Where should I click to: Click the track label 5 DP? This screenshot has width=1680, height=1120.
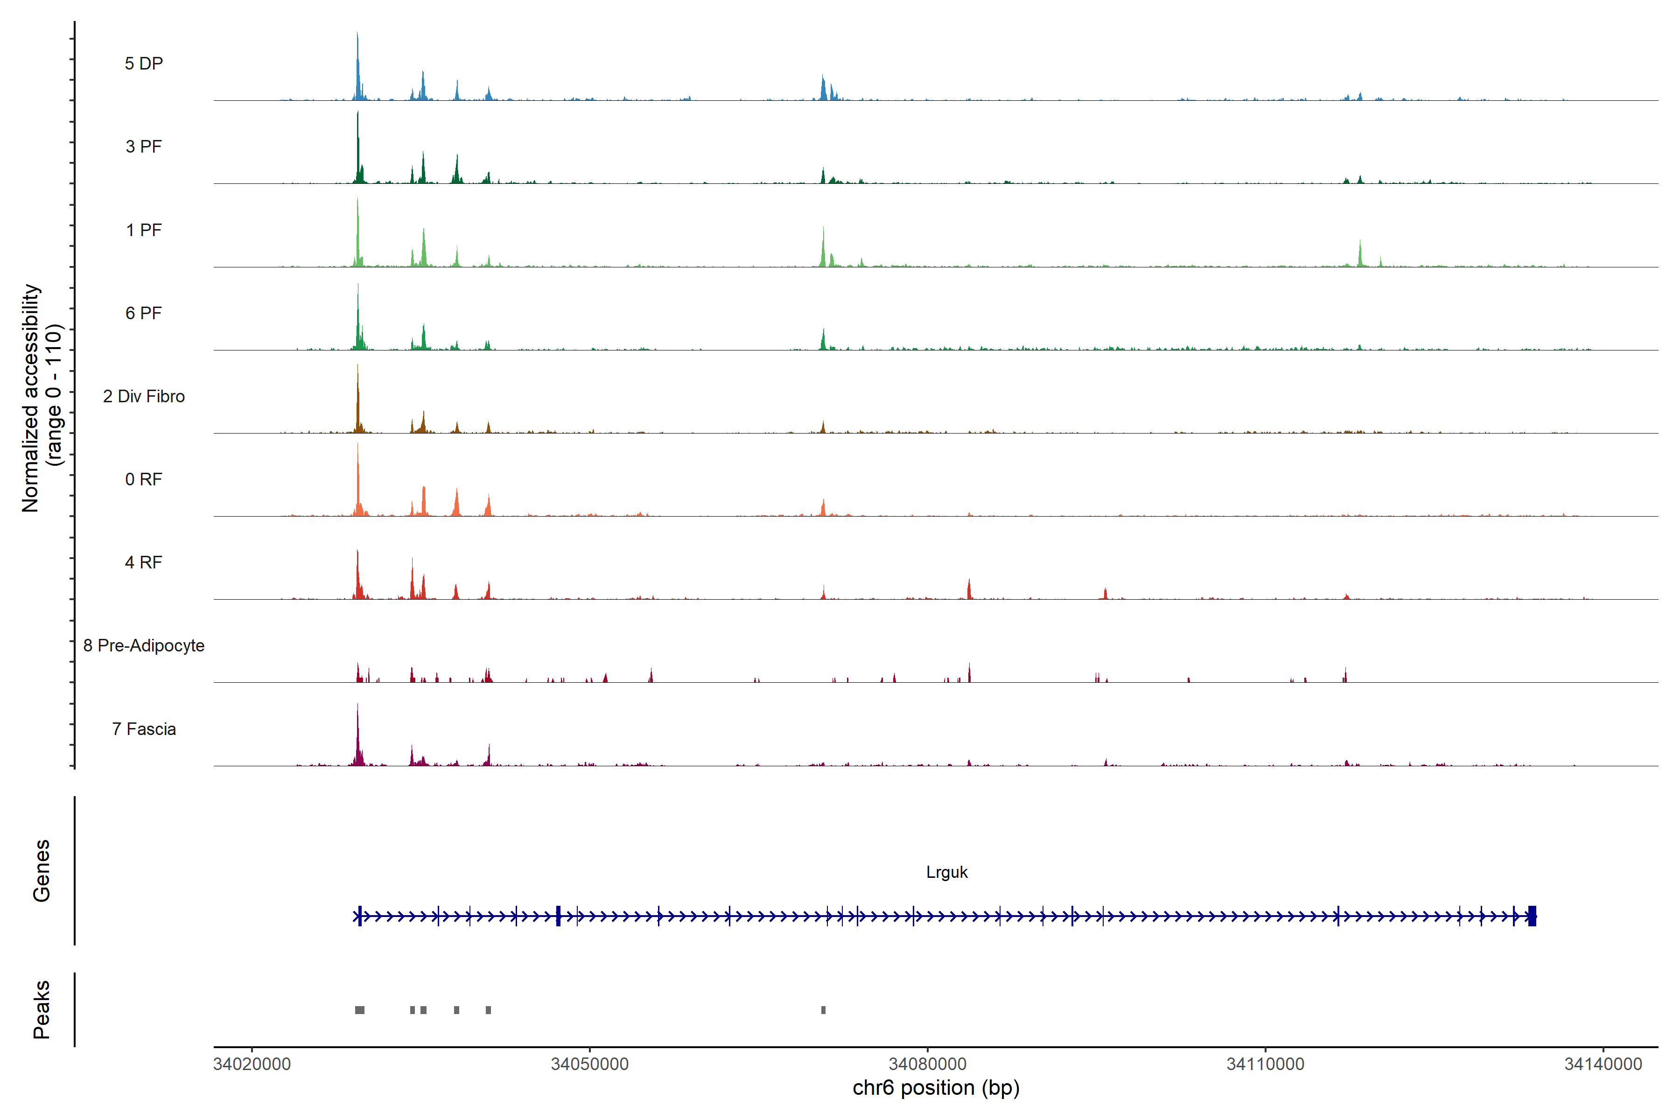click(144, 63)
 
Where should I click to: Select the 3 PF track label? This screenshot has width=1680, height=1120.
click(144, 147)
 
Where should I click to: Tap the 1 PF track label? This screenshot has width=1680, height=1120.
click(144, 230)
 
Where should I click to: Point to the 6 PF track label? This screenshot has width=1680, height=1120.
click(144, 313)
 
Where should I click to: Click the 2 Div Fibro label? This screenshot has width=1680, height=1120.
click(144, 396)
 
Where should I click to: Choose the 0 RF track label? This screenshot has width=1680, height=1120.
click(144, 479)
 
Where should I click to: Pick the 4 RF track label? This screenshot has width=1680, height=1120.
click(144, 562)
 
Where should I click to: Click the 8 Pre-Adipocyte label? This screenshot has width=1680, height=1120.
click(144, 646)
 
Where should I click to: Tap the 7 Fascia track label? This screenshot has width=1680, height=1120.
click(144, 728)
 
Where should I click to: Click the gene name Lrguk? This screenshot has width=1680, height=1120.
click(946, 872)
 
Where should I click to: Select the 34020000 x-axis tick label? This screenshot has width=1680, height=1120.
click(252, 1064)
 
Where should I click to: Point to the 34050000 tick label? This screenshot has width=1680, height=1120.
click(590, 1064)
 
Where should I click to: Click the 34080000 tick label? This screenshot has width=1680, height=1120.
click(927, 1064)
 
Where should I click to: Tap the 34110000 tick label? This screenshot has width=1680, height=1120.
click(1265, 1064)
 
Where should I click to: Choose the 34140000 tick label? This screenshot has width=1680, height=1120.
click(1603, 1064)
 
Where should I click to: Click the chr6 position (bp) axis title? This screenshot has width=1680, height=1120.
click(936, 1088)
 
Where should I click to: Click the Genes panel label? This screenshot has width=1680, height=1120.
click(42, 871)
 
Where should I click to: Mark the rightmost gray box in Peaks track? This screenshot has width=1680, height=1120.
click(824, 1010)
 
